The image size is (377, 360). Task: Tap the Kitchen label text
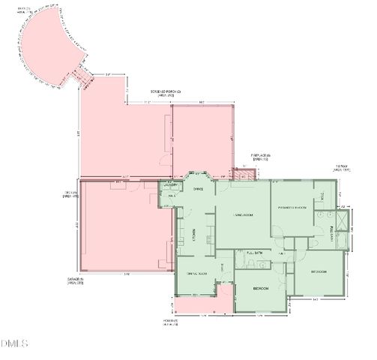(x=193, y=235)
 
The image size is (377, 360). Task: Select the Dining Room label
(x=196, y=273)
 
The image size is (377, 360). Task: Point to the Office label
(x=199, y=189)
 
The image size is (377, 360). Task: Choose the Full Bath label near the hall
(x=255, y=253)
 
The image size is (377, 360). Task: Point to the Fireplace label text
(x=260, y=155)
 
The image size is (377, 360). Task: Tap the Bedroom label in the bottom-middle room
(x=261, y=288)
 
